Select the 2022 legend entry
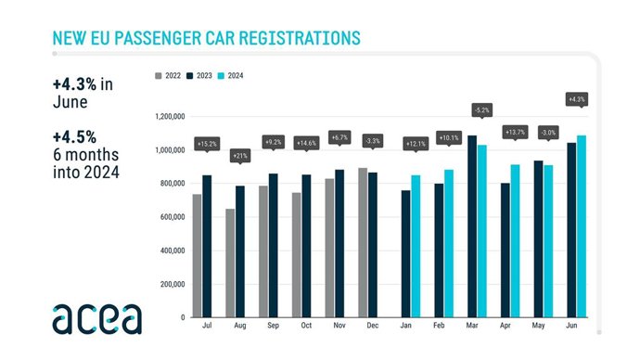point(168,75)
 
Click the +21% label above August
point(240,155)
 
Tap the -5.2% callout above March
point(481,109)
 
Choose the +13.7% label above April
point(515,132)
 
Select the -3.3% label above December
point(371,140)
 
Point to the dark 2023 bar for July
point(207,246)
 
